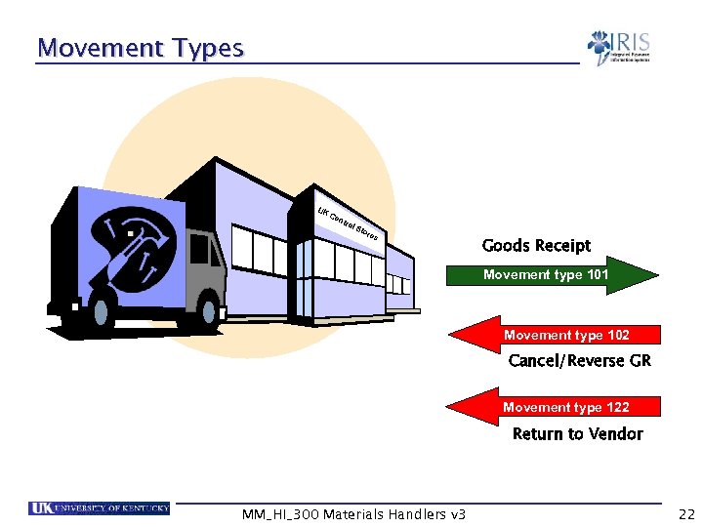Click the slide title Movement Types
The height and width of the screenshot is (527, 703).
click(x=140, y=48)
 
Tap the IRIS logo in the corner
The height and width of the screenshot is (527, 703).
click(x=618, y=48)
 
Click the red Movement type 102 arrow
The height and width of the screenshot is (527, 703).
click(x=552, y=336)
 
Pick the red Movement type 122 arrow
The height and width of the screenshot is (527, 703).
click(x=552, y=407)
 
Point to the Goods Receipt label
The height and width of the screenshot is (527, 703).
click(x=536, y=246)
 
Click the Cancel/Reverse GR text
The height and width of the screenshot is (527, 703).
click(x=579, y=361)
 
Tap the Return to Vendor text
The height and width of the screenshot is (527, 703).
click(x=577, y=434)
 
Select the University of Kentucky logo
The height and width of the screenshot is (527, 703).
click(x=100, y=508)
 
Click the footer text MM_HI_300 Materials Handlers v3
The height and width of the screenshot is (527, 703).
click(x=353, y=514)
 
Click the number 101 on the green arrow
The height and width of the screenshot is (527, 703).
click(x=598, y=275)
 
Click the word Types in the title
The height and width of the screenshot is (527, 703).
click(x=205, y=48)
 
